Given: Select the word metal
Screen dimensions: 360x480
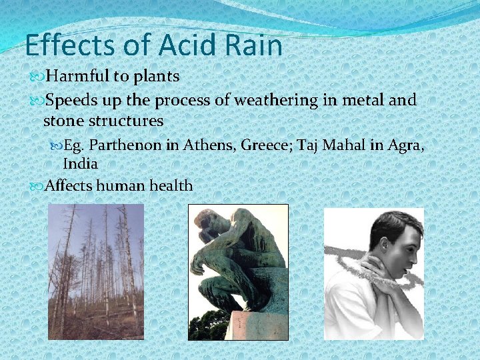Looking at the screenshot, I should coord(369,101).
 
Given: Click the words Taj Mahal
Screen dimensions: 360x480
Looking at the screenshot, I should coord(332,145).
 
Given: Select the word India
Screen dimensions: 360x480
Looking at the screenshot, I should coord(80,163).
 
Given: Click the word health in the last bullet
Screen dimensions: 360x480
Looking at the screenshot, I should coord(170,185).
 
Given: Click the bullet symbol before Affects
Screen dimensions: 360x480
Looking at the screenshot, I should coord(36,186).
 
